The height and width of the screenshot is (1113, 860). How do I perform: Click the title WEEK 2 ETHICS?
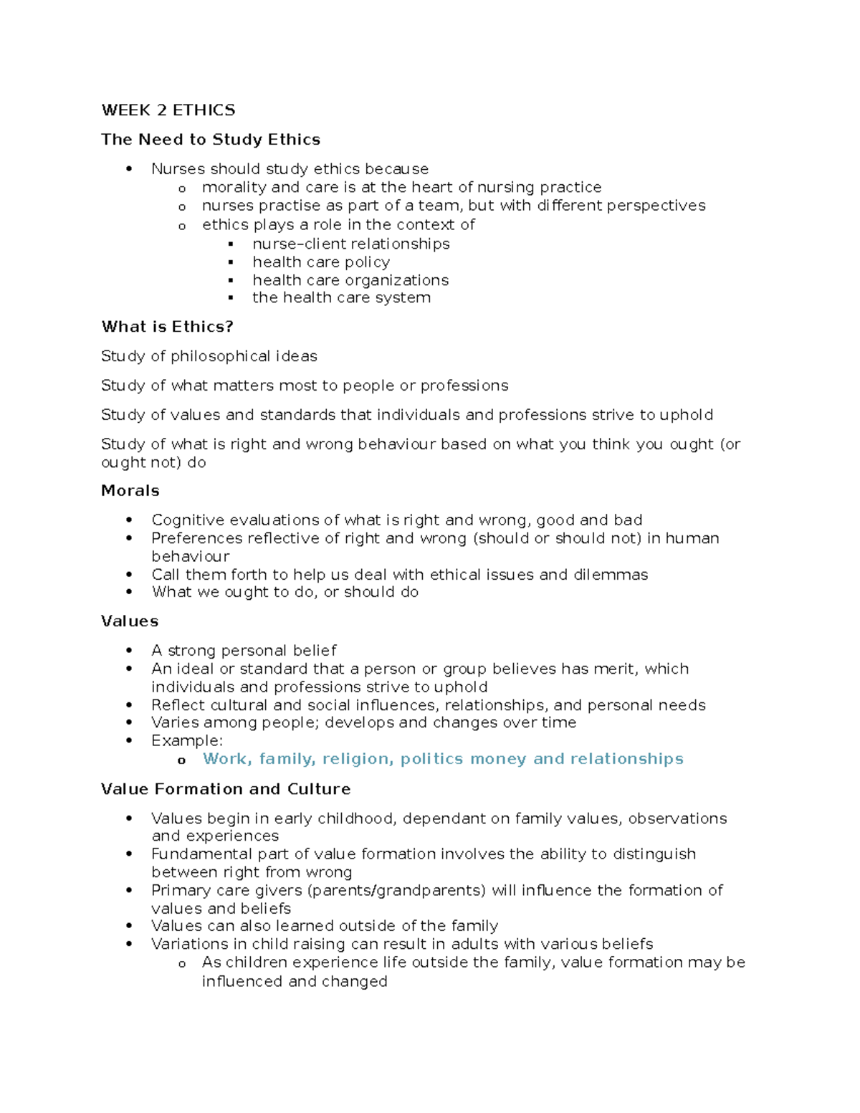click(168, 110)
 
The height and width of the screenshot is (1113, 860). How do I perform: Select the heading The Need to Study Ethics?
click(210, 140)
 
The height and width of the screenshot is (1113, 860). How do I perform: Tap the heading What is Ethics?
click(167, 327)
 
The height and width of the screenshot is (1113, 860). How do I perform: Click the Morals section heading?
click(130, 491)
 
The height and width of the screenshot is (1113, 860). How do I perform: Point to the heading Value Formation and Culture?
click(225, 789)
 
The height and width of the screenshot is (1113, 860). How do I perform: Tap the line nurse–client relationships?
click(350, 244)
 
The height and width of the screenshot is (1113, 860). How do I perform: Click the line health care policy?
click(320, 262)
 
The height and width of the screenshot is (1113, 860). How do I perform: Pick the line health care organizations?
click(350, 280)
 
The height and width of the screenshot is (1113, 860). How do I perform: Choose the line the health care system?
click(341, 298)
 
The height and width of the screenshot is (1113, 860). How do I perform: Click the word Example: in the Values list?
click(187, 741)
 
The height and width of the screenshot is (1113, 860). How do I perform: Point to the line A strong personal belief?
click(244, 651)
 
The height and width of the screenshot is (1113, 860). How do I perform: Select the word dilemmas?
click(611, 575)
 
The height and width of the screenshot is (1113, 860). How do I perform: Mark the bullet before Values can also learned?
click(129, 927)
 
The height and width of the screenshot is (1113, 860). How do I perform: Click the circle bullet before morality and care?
click(182, 189)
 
